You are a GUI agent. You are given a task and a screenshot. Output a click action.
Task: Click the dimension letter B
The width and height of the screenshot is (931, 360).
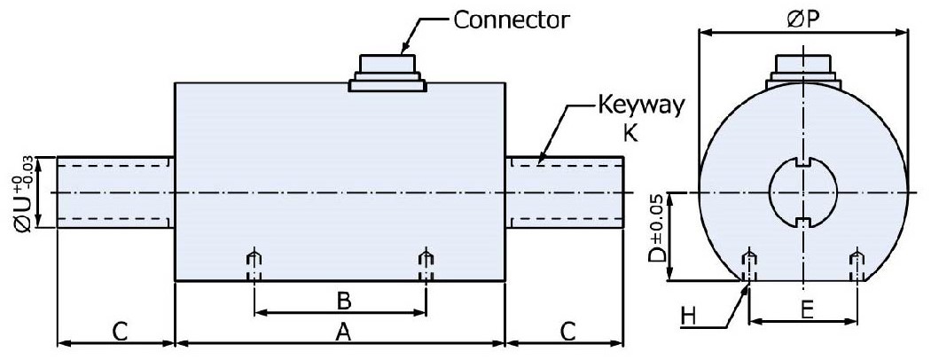pos(340,301)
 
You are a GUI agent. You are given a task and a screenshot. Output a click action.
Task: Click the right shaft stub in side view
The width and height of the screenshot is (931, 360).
pos(565,192)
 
